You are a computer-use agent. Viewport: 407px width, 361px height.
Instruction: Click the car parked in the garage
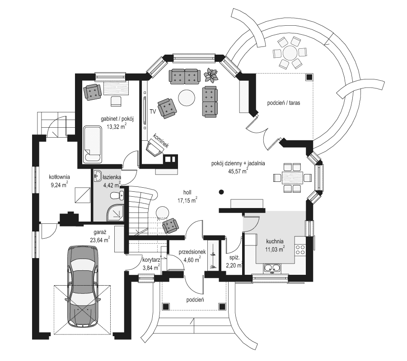82,287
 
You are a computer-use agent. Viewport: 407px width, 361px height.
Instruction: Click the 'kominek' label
161,141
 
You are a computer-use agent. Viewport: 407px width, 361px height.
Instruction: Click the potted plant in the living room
211,73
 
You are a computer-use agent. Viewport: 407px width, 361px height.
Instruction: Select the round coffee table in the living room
186,97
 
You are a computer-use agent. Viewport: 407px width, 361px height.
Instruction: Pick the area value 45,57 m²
231,171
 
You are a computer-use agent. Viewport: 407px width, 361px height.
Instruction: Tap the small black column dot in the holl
221,192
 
